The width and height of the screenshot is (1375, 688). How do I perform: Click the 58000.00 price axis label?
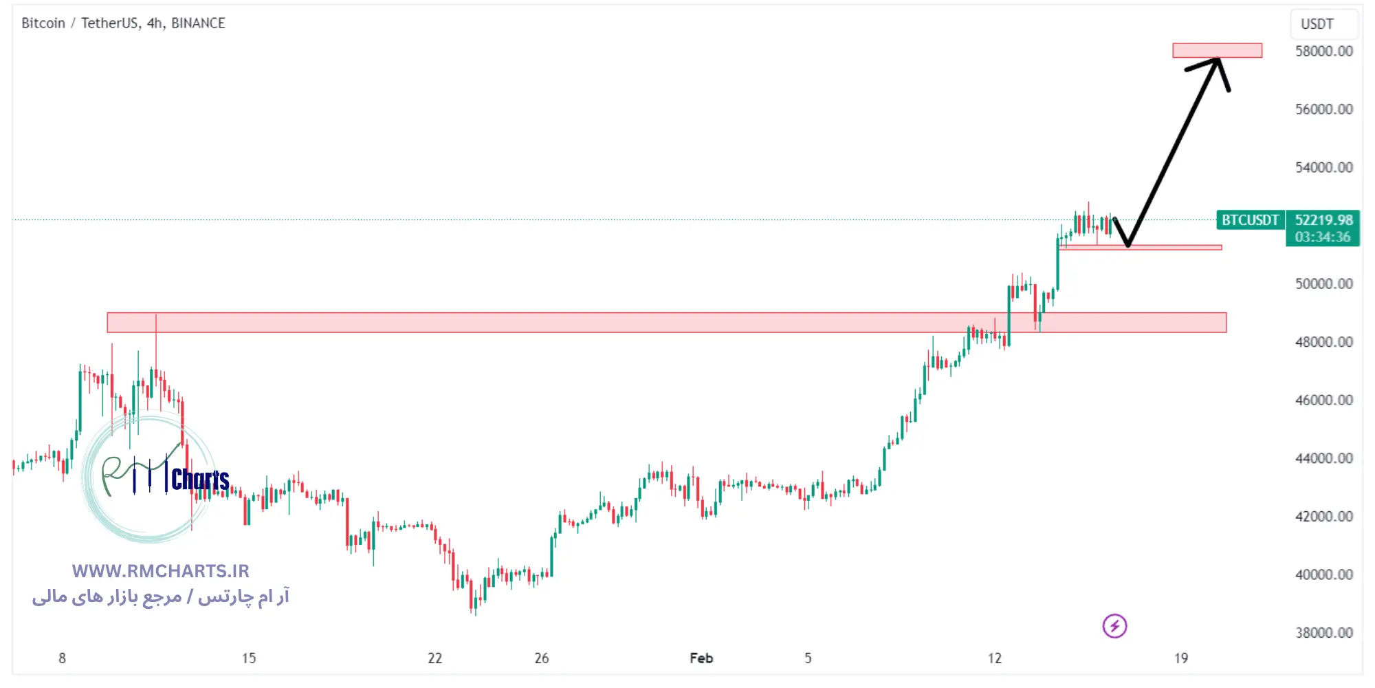[x=1323, y=51]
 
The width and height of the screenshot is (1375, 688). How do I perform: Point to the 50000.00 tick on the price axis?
[x=1323, y=283]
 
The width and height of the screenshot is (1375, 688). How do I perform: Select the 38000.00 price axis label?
[x=1323, y=632]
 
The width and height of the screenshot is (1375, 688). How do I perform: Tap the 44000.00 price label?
[x=1323, y=458]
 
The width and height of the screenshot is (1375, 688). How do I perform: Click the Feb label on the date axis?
[x=701, y=658]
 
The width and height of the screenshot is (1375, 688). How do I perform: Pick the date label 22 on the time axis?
[x=434, y=658]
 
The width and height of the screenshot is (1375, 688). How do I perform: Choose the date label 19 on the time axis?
[x=1180, y=658]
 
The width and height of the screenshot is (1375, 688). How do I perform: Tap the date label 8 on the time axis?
[x=62, y=658]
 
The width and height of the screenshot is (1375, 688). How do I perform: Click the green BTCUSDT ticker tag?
[x=1250, y=220]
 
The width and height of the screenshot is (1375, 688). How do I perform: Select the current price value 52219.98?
[x=1323, y=220]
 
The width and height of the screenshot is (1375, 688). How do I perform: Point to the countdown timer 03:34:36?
[x=1323, y=237]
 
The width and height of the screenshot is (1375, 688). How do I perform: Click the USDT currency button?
[x=1317, y=24]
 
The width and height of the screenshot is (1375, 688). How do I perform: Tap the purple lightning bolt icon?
[x=1114, y=626]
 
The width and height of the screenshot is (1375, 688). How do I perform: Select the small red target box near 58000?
[x=1217, y=50]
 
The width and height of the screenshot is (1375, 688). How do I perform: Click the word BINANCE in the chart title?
[x=198, y=23]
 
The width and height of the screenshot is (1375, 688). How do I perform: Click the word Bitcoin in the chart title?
[x=43, y=23]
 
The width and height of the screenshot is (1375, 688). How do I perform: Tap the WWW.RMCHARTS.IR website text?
[x=160, y=571]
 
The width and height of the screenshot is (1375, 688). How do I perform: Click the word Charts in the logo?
[x=200, y=480]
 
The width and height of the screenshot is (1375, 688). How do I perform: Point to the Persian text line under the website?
[x=160, y=596]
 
